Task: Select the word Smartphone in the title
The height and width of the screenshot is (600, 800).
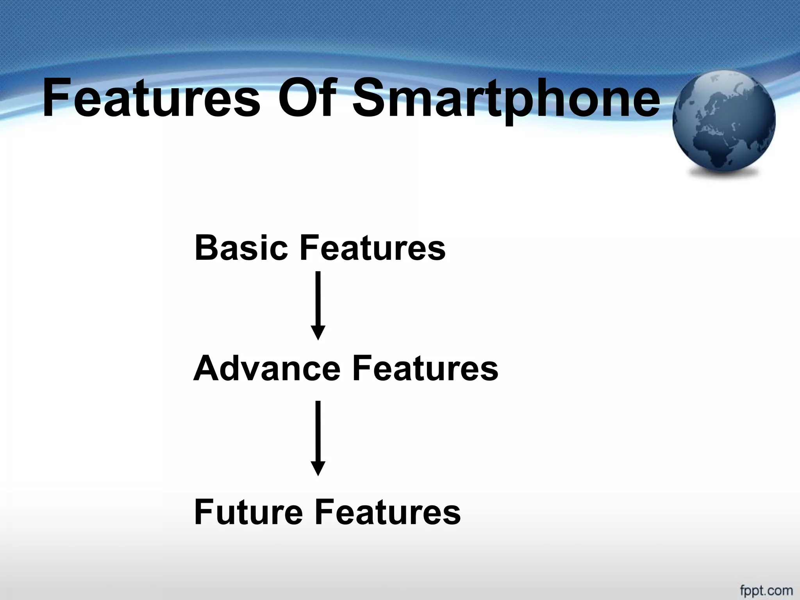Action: coord(506,98)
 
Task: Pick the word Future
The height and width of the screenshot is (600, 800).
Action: coord(248,512)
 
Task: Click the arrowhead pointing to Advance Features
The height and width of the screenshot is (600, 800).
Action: coord(318,333)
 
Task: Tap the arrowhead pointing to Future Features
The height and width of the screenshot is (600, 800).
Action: coord(318,468)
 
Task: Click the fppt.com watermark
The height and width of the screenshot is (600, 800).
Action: coord(766,590)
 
